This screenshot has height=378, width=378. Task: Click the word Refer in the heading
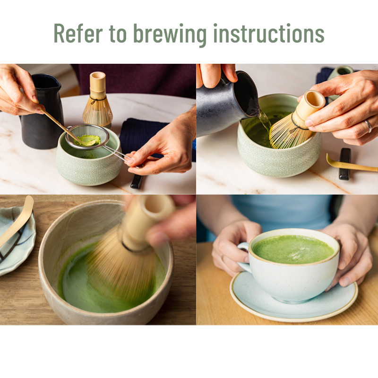[78, 33]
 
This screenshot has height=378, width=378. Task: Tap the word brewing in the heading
[170, 35]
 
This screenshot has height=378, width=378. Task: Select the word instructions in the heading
[269, 33]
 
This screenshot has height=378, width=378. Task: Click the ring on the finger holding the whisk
[369, 126]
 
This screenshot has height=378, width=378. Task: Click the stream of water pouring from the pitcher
[265, 120]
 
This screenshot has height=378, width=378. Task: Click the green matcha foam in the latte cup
[293, 249]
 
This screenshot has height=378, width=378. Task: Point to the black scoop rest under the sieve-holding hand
[137, 181]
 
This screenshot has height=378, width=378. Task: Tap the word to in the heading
[118, 34]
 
